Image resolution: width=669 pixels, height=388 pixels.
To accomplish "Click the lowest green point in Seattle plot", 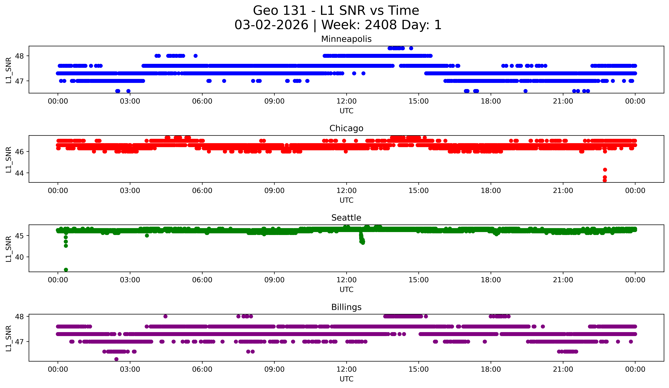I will pyautogui.click(x=66, y=270).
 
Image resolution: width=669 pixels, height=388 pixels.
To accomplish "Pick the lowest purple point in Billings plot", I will pyautogui.click(x=116, y=359).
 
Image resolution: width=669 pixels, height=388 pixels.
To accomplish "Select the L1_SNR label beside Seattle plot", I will pyautogui.click(x=8, y=249).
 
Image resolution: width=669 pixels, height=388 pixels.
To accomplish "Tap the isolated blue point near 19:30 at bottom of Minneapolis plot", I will pyautogui.click(x=525, y=91).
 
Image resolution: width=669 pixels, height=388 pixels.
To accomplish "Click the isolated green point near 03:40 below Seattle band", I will pyautogui.click(x=147, y=236).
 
